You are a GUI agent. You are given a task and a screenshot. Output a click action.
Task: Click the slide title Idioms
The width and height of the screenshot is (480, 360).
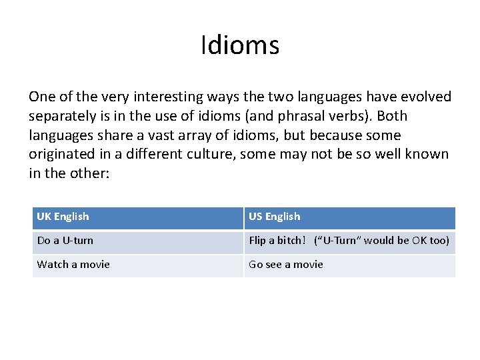point(240,46)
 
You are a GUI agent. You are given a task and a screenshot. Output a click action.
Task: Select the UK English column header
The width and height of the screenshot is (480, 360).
point(63,217)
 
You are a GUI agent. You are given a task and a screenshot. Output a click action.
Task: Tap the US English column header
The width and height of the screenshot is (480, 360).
point(275,217)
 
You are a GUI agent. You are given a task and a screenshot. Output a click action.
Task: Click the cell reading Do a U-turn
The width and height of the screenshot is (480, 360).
point(65,241)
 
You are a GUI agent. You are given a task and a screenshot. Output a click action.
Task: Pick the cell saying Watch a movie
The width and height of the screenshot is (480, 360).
point(73,265)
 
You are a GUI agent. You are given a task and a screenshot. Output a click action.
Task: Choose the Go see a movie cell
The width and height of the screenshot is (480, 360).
point(286,265)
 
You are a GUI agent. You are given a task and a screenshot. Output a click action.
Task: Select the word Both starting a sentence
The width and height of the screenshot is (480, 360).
point(392,116)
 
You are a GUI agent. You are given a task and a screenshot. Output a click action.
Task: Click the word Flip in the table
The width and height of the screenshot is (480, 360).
point(257,241)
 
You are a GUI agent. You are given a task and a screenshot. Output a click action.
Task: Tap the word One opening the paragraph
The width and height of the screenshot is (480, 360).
point(41,97)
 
